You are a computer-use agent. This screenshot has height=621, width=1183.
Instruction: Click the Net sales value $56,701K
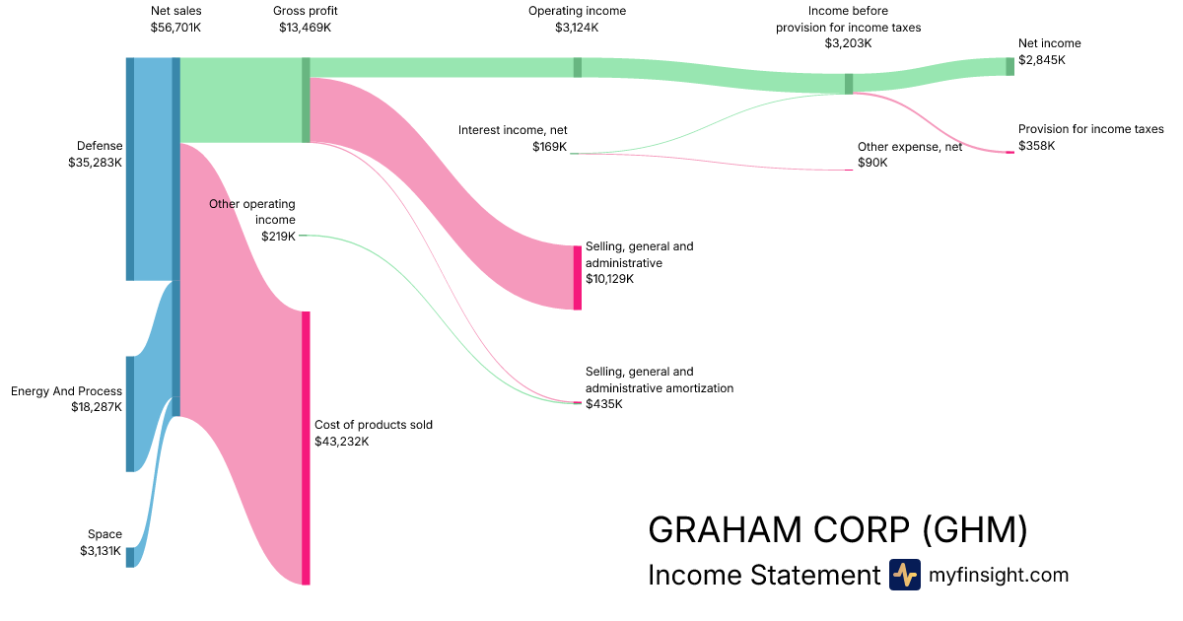tap(175, 28)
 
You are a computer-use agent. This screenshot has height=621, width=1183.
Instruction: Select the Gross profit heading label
tap(306, 11)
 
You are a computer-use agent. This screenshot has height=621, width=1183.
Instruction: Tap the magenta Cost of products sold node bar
tap(306, 448)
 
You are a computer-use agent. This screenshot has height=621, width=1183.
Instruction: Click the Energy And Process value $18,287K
tap(97, 406)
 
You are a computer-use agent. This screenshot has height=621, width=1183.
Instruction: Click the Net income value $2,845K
tap(1042, 60)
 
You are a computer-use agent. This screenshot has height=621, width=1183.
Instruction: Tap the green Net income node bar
tap(1009, 66)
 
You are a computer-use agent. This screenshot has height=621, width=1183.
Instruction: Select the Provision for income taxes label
tap(1090, 129)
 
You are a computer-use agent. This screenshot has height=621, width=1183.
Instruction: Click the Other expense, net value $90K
tap(872, 163)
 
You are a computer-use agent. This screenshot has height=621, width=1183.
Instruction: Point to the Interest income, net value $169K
tap(549, 147)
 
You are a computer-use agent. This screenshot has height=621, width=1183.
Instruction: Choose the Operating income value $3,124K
tap(577, 28)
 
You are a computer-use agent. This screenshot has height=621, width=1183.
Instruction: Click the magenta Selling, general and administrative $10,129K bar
tap(578, 277)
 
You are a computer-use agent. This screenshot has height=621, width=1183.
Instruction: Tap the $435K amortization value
tap(604, 404)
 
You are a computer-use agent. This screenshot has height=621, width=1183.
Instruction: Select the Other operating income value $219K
tap(278, 237)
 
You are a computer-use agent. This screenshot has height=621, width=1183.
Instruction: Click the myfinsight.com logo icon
tap(904, 575)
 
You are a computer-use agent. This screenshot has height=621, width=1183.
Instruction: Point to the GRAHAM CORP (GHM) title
tap(837, 530)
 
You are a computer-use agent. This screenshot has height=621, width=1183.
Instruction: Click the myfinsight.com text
tap(999, 575)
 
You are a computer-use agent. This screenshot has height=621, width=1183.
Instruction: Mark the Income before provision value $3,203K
tap(848, 43)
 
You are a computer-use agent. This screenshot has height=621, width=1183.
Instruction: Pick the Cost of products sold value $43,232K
tap(342, 442)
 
